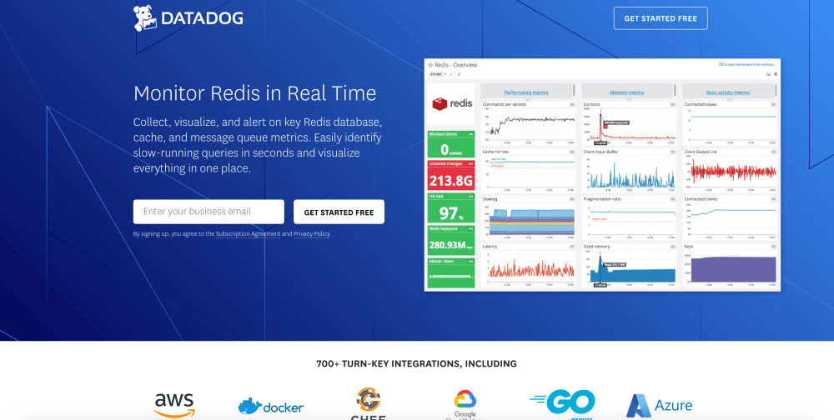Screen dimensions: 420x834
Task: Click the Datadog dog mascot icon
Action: (145, 17)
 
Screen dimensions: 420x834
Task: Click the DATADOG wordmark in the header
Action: (201, 18)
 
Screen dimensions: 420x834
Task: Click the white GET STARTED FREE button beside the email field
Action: (339, 212)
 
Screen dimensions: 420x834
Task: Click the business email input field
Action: (208, 212)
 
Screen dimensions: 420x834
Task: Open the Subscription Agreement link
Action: (248, 234)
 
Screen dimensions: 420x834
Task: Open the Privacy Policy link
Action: (311, 234)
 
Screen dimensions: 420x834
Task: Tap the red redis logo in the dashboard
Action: (451, 104)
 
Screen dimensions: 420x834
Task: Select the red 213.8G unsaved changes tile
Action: (450, 176)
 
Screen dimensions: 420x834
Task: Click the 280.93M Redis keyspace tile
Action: (450, 241)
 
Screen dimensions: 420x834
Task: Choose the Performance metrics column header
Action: (527, 92)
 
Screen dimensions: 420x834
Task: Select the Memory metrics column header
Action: (627, 92)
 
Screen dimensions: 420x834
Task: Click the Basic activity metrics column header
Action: (728, 92)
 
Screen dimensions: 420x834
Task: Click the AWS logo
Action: (174, 404)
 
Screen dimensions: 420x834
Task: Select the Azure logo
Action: (660, 406)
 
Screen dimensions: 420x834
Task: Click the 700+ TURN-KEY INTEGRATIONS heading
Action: (416, 363)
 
